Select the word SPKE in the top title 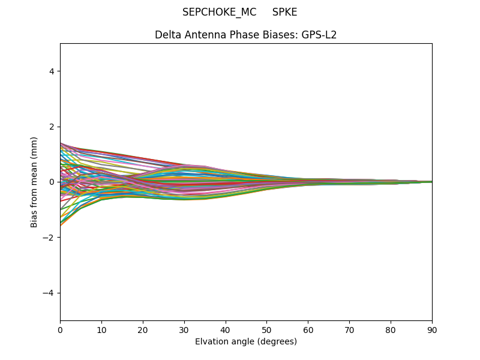pyautogui.click(x=284, y=12)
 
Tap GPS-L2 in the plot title pyautogui.click(x=319, y=35)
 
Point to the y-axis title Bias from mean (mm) pyautogui.click(x=34, y=182)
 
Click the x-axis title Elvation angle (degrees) pyautogui.click(x=246, y=341)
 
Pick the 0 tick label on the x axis pyautogui.click(x=60, y=329)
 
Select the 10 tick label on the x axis pyautogui.click(x=101, y=329)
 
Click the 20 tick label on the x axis pyautogui.click(x=143, y=329)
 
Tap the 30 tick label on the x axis pyautogui.click(x=184, y=329)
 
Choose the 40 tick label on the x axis pyautogui.click(x=226, y=329)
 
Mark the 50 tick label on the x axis pyautogui.click(x=266, y=329)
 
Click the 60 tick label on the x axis pyautogui.click(x=308, y=329)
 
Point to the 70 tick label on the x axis pyautogui.click(x=349, y=329)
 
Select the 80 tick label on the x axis pyautogui.click(x=391, y=329)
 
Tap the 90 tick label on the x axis pyautogui.click(x=432, y=329)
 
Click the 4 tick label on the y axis pyautogui.click(x=52, y=71)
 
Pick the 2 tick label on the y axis pyautogui.click(x=52, y=127)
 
